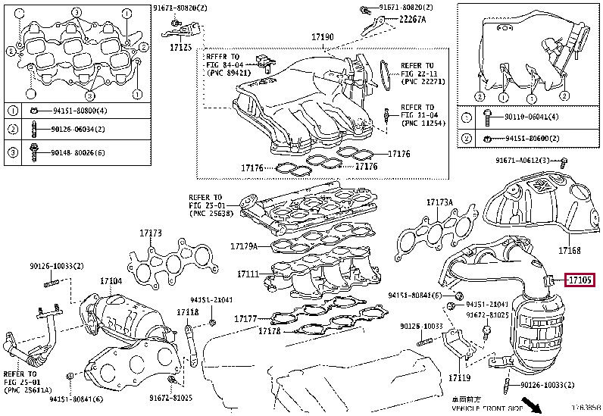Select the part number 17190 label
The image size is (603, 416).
point(322,36)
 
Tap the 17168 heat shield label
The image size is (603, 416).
point(570,250)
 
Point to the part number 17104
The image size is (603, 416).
point(111,281)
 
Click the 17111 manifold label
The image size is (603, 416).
point(248,274)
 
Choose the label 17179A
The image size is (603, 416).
point(244,246)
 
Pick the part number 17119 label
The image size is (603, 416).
point(460,377)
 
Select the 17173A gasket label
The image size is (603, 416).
point(439,202)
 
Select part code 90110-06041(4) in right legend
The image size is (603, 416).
point(530,117)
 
